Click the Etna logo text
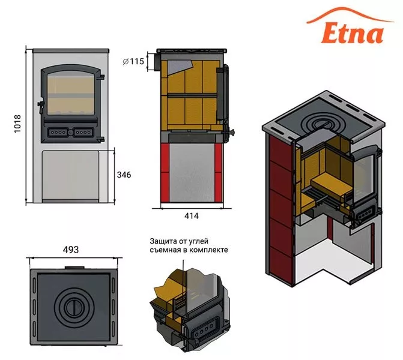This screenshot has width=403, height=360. (x=353, y=33)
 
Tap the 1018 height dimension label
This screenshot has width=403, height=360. (x=17, y=124)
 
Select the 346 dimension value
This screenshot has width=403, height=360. (x=124, y=175)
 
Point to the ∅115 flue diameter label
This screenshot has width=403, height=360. (x=133, y=61)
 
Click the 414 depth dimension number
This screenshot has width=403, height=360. (x=192, y=216)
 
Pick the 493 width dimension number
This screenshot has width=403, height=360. (x=71, y=250)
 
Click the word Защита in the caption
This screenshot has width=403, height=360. (x=162, y=242)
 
